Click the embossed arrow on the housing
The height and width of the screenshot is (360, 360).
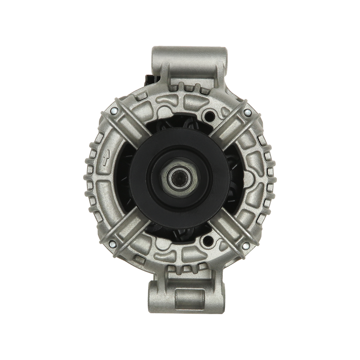coord(105,157)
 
